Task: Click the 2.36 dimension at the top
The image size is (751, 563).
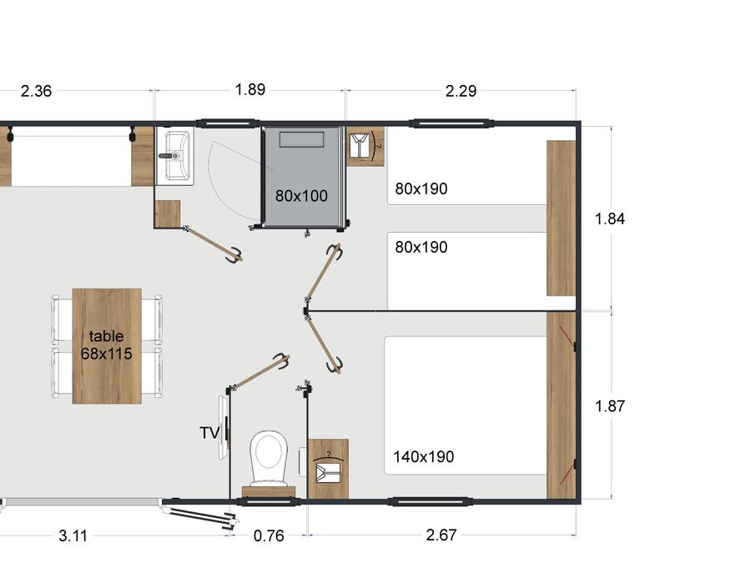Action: (x=36, y=91)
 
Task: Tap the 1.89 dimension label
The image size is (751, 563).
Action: (x=250, y=89)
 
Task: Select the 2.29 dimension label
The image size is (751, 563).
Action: (x=461, y=91)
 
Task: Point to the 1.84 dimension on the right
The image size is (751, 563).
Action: (x=610, y=219)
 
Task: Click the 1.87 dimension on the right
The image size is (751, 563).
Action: (x=610, y=406)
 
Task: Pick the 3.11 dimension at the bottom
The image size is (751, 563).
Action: (x=73, y=535)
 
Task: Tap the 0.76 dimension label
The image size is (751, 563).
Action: (x=269, y=535)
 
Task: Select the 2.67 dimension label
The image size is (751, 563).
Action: (x=441, y=535)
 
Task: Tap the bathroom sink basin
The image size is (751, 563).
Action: (x=175, y=156)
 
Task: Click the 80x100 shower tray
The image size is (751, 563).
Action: (x=302, y=176)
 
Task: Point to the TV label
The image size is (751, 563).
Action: (x=209, y=433)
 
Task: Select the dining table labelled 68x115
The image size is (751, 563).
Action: (x=107, y=346)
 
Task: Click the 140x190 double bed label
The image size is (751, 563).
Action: (x=423, y=457)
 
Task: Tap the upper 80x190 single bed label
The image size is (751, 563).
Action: (x=421, y=189)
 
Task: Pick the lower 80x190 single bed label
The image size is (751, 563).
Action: (x=421, y=247)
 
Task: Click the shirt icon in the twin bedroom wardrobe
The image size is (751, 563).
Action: (x=360, y=145)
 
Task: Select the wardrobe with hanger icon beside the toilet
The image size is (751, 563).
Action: (x=328, y=469)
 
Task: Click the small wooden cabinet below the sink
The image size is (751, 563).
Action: (x=168, y=214)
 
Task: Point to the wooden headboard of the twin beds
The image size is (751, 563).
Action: (x=561, y=219)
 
